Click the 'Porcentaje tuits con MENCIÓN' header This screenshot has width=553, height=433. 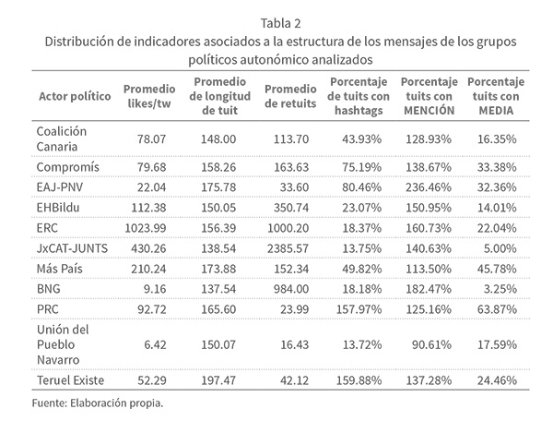[x=430, y=97]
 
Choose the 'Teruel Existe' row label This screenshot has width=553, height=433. [x=69, y=379]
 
